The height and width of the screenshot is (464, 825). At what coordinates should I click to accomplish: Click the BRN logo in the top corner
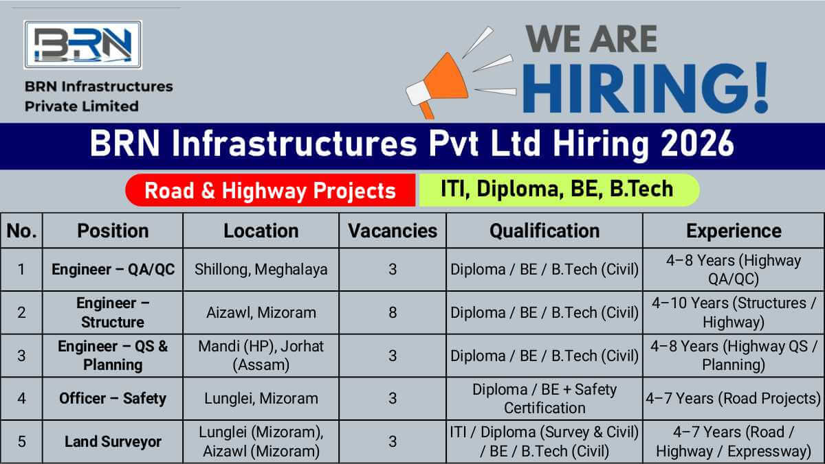click(x=82, y=45)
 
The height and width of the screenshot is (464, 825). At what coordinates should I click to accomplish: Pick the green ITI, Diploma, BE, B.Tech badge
click(x=558, y=189)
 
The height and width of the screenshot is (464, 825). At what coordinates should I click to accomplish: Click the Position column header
click(x=113, y=231)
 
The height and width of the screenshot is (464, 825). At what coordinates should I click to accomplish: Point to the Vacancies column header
click(x=393, y=231)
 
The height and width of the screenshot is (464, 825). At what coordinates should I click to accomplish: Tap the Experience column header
click(x=734, y=231)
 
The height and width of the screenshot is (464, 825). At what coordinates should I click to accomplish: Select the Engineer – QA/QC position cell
click(x=113, y=269)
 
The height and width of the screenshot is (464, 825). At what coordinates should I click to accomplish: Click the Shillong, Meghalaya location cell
click(x=261, y=269)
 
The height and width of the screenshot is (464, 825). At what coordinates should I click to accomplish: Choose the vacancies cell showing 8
click(x=393, y=312)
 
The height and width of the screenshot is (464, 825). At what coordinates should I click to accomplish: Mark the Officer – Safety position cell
click(x=113, y=398)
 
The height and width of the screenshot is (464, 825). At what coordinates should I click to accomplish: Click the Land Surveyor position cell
click(x=113, y=441)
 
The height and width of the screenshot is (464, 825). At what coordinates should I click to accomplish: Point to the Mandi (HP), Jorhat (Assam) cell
click(x=261, y=356)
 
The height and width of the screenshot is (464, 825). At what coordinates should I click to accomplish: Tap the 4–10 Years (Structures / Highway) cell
click(x=734, y=312)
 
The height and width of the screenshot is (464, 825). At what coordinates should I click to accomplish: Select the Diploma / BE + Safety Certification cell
click(x=544, y=398)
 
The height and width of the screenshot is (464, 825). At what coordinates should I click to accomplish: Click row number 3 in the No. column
click(x=21, y=356)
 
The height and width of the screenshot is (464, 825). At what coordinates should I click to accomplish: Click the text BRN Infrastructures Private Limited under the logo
click(x=98, y=96)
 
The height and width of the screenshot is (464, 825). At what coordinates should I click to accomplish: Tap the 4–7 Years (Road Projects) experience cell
click(x=734, y=398)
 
